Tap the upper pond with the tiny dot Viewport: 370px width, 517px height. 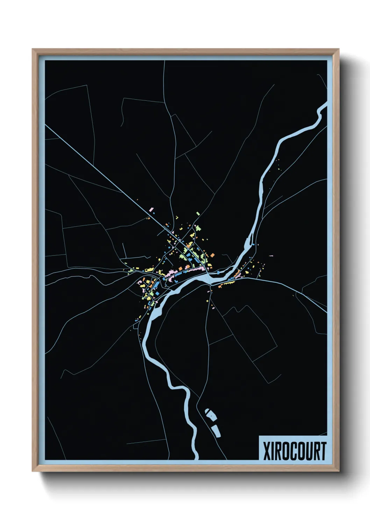coord(210,415)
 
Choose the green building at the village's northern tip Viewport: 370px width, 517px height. coord(198,213)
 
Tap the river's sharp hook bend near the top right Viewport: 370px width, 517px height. coord(319,114)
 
